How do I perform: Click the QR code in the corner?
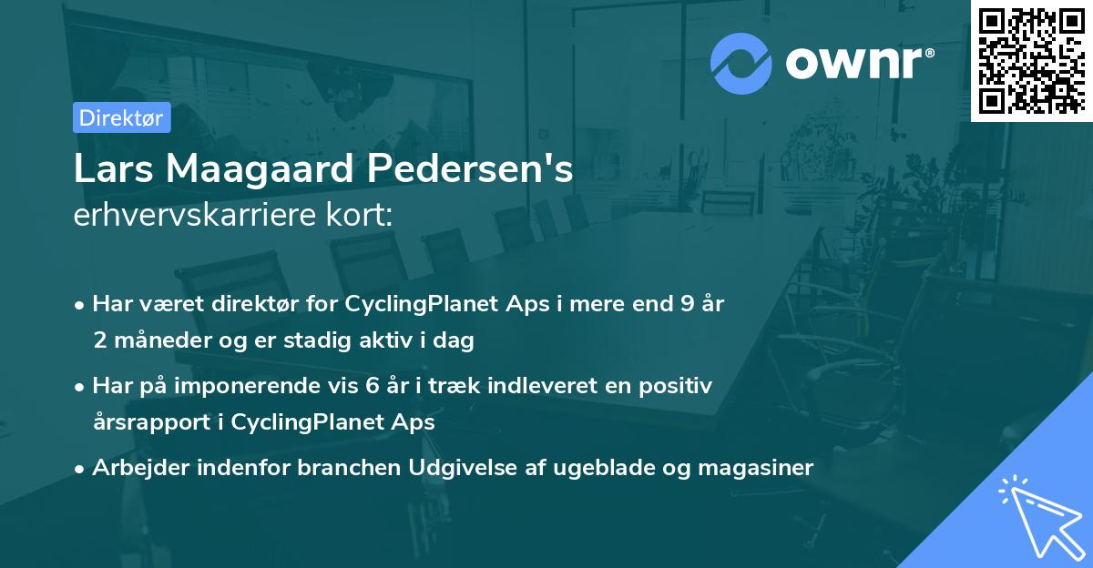click(x=1031, y=60)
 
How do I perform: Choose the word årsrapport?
click(x=158, y=422)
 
